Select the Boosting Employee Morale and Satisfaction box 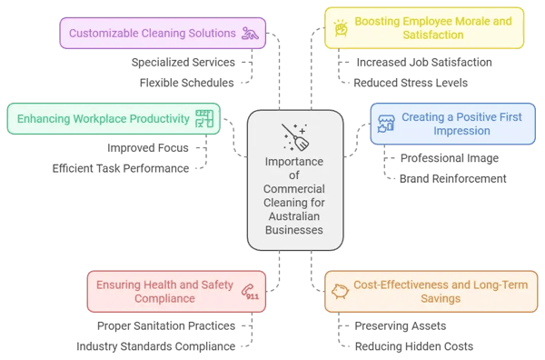(x=424, y=27)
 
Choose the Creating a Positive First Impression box (x=452, y=124)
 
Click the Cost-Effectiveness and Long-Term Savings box (x=431, y=291)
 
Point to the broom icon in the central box (x=294, y=136)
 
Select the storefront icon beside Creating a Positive (x=386, y=123)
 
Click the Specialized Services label (x=183, y=63)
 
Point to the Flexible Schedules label (x=186, y=83)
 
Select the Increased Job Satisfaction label (x=423, y=63)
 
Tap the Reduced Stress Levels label (x=411, y=83)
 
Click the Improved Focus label (x=147, y=148)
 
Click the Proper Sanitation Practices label (x=166, y=325)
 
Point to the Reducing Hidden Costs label (x=413, y=345)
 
